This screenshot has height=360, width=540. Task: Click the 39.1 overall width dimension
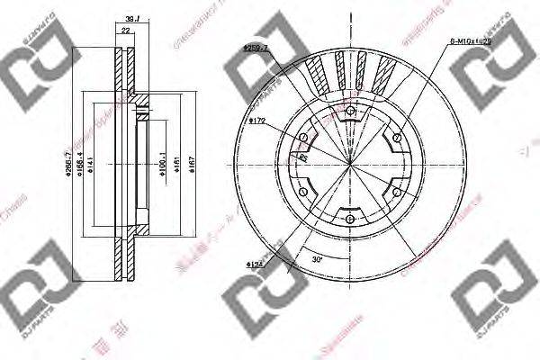click(x=133, y=18)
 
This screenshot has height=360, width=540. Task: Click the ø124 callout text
click(x=254, y=264)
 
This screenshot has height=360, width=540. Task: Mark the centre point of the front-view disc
click(x=349, y=163)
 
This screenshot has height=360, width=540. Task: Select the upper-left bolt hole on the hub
click(x=302, y=137)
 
